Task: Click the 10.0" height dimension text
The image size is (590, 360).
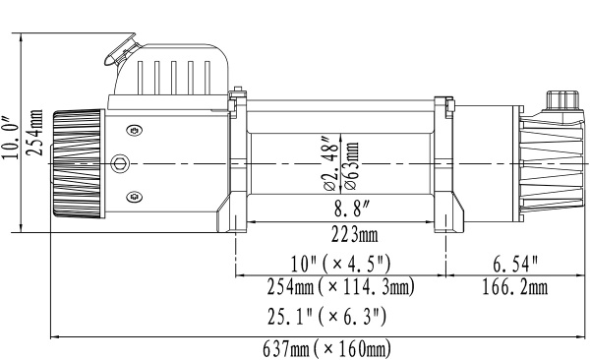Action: point(11,134)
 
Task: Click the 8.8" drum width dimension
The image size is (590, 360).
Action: point(340,210)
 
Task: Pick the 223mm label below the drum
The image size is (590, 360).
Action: point(340,235)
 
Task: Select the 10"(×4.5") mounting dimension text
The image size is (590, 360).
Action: point(339,263)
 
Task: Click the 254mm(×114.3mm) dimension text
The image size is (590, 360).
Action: point(340,288)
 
